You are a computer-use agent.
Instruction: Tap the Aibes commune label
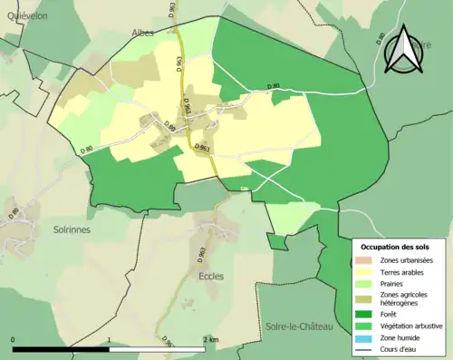[x=141, y=32]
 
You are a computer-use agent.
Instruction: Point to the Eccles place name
[x=210, y=276]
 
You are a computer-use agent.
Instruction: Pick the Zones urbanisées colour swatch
[x=365, y=261]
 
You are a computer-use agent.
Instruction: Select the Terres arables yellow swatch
[x=365, y=273]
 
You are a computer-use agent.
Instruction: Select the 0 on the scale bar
[x=14, y=339]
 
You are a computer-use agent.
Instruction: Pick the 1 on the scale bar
[x=110, y=339]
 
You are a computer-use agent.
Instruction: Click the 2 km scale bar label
[x=210, y=339]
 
